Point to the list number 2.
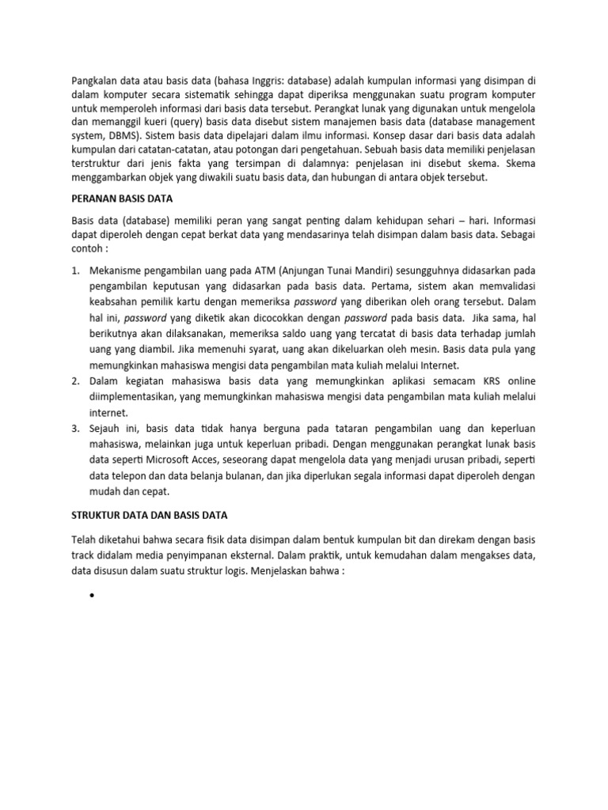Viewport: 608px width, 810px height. click(x=75, y=381)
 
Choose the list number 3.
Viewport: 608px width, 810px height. click(x=75, y=429)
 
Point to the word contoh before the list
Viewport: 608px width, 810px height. click(x=88, y=248)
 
